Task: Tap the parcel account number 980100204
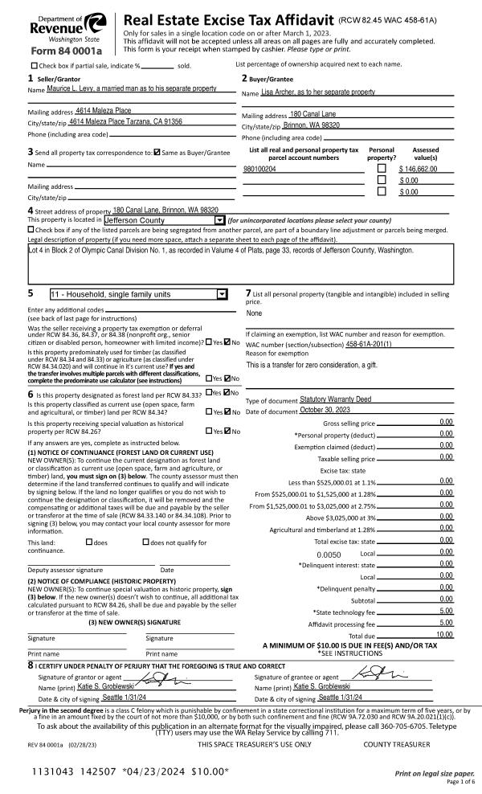pos(259,170)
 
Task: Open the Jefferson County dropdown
pos(219,219)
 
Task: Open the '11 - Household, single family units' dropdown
pos(223,294)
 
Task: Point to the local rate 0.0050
pos(329,554)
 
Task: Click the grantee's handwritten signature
pos(374,677)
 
